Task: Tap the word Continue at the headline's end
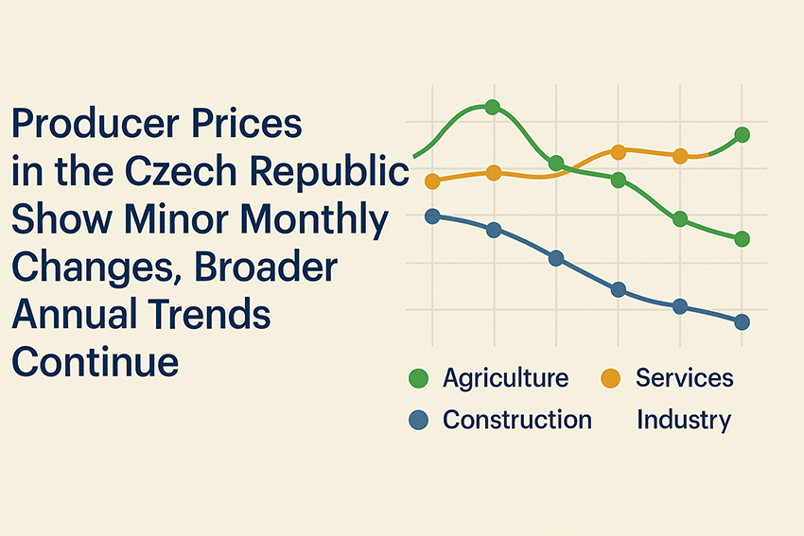click(x=95, y=362)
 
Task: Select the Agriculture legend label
click(x=505, y=378)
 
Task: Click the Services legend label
click(x=684, y=378)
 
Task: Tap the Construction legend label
click(x=516, y=419)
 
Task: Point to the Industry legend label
click(x=684, y=419)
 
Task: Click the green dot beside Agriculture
click(x=419, y=379)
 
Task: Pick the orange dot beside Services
click(x=610, y=379)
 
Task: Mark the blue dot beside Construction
click(x=419, y=420)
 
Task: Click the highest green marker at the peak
click(x=493, y=108)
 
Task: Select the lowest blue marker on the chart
click(x=742, y=322)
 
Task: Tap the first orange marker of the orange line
click(x=433, y=181)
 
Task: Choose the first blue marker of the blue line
click(x=433, y=216)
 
